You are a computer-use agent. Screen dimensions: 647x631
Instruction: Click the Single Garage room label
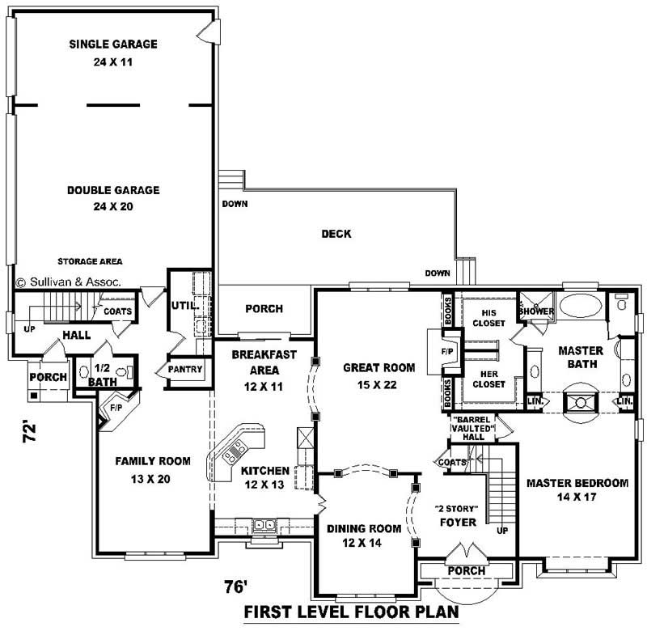113,44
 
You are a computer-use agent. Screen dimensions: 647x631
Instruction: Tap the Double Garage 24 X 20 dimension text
113,206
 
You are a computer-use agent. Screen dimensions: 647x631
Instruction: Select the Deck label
336,234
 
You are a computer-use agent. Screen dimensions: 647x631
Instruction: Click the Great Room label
378,368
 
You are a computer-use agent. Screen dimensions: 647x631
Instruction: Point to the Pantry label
185,369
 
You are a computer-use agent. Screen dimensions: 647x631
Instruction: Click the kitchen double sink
264,525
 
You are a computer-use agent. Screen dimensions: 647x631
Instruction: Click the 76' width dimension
235,587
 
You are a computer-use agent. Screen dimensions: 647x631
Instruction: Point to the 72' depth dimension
30,432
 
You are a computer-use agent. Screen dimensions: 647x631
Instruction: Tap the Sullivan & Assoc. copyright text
69,282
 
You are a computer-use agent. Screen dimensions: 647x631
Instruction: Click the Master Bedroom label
577,483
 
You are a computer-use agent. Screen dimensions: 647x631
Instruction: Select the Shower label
536,311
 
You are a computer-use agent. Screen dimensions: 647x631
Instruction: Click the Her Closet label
489,379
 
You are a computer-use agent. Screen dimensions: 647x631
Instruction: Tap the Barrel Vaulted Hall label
473,428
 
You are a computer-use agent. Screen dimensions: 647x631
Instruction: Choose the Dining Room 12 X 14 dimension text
362,543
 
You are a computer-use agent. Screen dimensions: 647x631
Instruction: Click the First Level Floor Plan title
352,612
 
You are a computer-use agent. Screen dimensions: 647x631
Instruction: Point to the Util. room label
185,306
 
